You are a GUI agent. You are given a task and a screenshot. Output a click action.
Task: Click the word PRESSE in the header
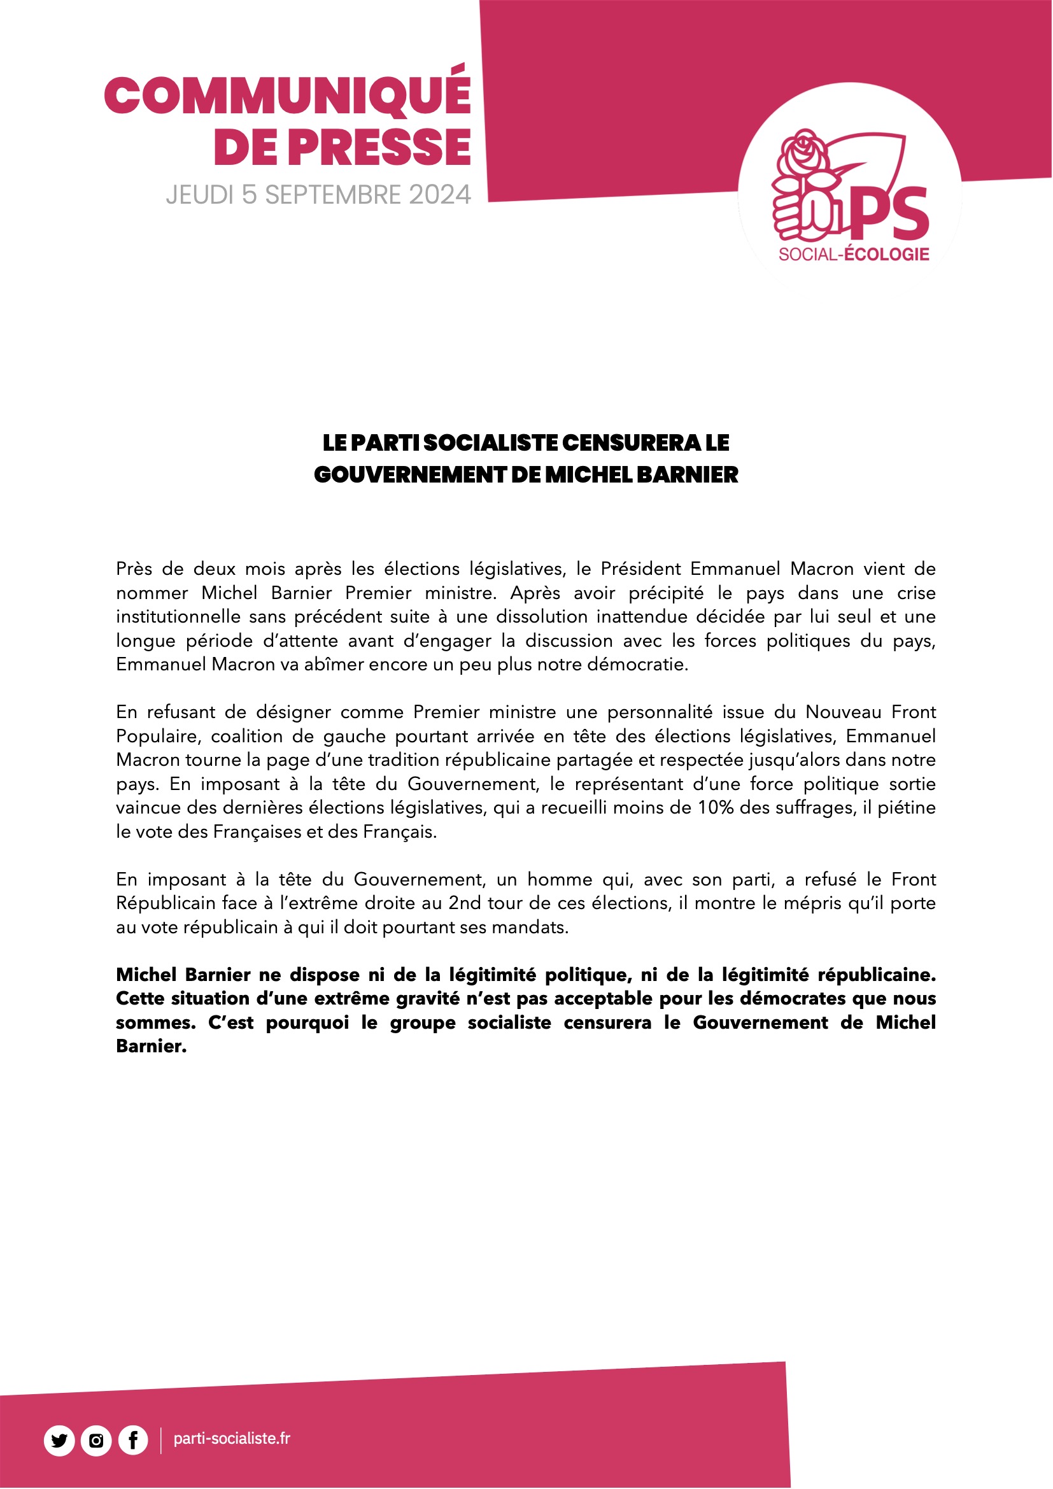coord(379,146)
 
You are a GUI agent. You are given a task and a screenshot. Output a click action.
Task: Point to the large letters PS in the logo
coord(888,212)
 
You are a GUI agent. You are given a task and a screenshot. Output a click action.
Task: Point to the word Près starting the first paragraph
coord(134,569)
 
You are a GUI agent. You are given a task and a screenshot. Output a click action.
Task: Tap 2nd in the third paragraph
coord(465,903)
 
